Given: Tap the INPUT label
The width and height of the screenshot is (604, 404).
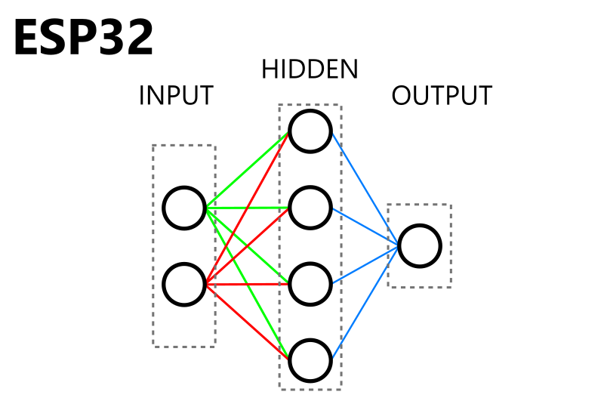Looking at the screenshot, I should [x=176, y=96].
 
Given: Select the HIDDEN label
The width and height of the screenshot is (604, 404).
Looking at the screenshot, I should [x=309, y=69].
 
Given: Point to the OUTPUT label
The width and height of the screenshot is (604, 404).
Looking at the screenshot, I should [x=442, y=96].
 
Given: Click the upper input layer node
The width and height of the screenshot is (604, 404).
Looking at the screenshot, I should [x=184, y=208].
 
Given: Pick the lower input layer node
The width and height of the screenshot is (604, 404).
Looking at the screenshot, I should [x=184, y=284].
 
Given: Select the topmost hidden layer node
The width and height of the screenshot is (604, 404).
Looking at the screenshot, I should [x=310, y=131].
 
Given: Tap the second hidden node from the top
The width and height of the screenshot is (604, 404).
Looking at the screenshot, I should [x=310, y=208].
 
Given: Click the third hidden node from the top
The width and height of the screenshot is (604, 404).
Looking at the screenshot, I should [x=310, y=284].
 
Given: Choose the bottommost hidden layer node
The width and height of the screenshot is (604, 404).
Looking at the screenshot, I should [x=310, y=360].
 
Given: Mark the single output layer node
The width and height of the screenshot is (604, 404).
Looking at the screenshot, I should [x=420, y=246].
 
